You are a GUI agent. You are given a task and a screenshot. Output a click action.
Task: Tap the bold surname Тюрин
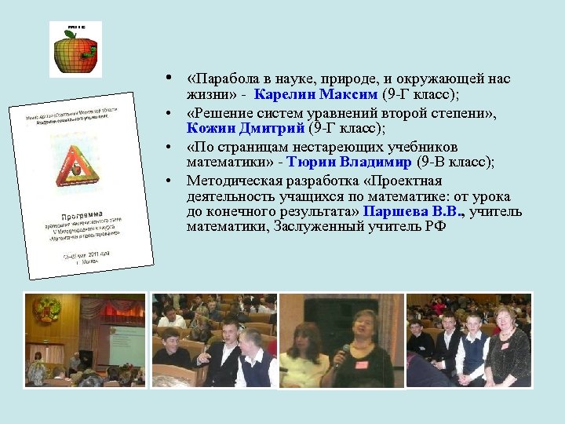click(308, 163)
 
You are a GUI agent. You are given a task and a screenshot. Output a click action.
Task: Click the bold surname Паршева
click(392, 212)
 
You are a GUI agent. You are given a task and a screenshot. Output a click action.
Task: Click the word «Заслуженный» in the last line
click(315, 228)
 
